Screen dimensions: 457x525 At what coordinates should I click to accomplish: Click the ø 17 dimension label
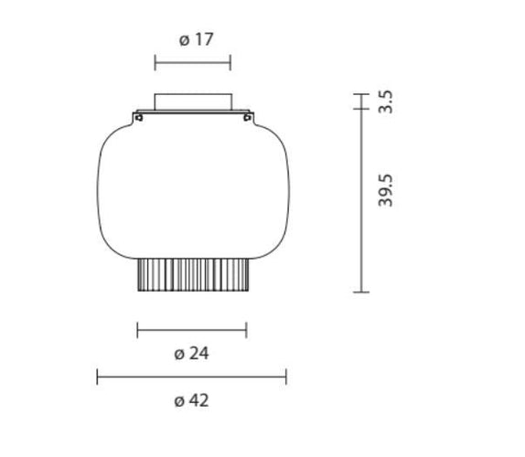[197, 39]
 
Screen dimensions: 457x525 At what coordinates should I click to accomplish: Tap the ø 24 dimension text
[191, 353]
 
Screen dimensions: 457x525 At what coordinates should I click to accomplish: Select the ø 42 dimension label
[191, 400]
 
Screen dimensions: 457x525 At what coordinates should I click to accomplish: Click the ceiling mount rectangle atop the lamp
[192, 101]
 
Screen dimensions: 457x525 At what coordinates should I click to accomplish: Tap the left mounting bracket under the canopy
[138, 116]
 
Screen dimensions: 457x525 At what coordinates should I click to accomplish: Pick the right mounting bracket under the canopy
[246, 116]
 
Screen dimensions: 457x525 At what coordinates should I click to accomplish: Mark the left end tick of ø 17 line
[155, 62]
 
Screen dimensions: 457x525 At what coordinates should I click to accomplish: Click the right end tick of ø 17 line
[230, 62]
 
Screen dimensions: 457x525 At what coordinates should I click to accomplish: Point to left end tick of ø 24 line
[137, 329]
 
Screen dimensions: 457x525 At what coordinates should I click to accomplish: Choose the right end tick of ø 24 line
[246, 329]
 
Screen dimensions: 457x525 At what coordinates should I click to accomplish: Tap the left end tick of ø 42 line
[98, 377]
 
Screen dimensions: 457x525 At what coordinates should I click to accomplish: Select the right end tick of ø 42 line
[286, 377]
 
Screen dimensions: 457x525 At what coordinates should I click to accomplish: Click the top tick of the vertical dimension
[361, 93]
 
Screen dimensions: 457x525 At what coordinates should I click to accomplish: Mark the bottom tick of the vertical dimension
[361, 292]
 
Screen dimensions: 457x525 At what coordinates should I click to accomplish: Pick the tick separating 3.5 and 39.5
[361, 110]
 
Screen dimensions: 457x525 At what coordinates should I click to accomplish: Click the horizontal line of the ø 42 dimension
[192, 377]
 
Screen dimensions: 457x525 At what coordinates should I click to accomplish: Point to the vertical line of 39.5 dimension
[361, 201]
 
